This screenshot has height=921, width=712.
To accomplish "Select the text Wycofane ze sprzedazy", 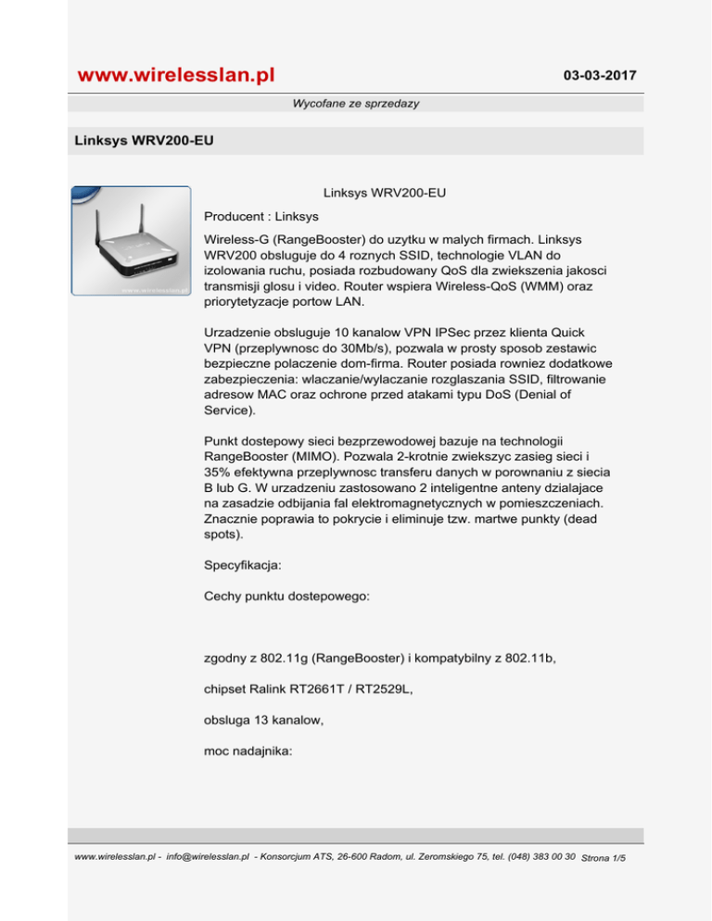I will point(356,104).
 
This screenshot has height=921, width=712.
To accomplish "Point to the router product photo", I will point(132,241).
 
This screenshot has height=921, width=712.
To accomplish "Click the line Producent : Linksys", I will point(261,217).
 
